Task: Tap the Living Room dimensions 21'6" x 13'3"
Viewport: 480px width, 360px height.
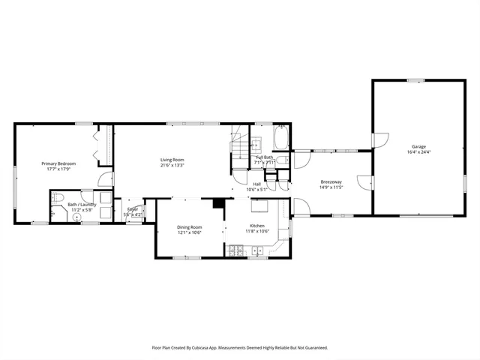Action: [172, 165]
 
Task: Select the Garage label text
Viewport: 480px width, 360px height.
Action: [418, 146]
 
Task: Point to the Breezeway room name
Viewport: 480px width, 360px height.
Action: [331, 182]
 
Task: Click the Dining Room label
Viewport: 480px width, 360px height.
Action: [189, 227]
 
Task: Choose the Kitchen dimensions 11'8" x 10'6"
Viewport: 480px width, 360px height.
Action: [257, 232]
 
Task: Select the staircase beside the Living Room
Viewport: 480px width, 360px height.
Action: [239, 146]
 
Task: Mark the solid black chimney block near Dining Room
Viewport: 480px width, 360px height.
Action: [218, 202]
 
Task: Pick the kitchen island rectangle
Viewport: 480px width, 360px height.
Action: [259, 207]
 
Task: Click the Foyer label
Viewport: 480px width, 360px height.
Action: [133, 210]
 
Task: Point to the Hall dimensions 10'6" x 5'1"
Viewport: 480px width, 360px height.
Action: [256, 189]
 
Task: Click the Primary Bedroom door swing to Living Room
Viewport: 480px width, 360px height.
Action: [107, 180]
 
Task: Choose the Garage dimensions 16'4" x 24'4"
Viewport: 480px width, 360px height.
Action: [418, 152]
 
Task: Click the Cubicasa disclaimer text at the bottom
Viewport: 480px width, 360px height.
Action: [240, 347]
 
